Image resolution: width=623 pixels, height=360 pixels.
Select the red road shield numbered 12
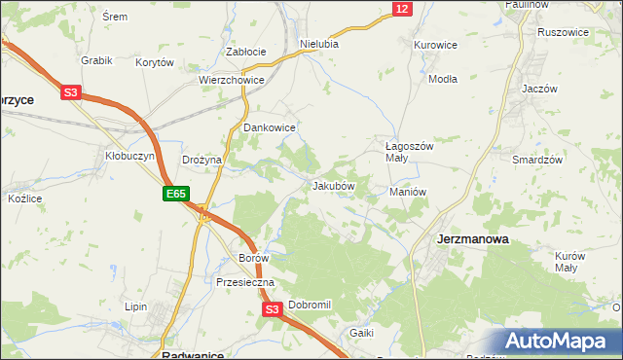click(x=402, y=9)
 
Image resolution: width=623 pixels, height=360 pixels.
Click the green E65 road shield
click(x=175, y=195)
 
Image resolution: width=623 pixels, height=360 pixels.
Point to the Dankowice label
click(x=269, y=127)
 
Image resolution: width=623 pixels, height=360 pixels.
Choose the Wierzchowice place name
click(x=232, y=81)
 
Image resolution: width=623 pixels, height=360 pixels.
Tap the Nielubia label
click(x=319, y=44)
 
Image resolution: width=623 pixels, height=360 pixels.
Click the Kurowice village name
click(x=435, y=45)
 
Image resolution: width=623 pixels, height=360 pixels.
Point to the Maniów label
click(x=409, y=192)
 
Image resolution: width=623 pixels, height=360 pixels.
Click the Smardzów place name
click(x=533, y=158)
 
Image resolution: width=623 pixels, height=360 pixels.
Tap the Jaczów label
click(x=538, y=88)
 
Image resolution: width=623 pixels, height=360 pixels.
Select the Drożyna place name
click(x=202, y=160)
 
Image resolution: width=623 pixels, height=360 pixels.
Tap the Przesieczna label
click(x=245, y=282)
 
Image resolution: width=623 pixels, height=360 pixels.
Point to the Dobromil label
click(x=310, y=305)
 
